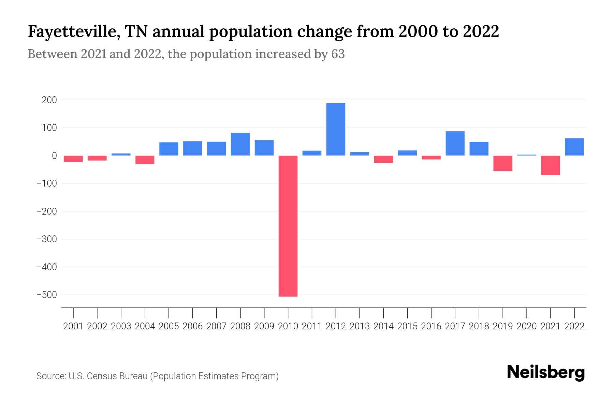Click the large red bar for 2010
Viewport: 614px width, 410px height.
coord(288,225)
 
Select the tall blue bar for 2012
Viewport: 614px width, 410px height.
coord(336,129)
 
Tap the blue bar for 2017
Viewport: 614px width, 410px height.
coord(455,143)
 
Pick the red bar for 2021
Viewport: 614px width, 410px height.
coord(550,165)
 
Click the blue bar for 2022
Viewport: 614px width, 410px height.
coord(574,147)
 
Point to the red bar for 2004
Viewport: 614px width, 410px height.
coord(145,160)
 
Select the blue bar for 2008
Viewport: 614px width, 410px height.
coord(240,144)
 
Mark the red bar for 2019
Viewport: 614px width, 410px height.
coord(503,163)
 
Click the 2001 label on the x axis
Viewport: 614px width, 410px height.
coord(73,326)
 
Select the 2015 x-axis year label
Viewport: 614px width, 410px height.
coord(407,326)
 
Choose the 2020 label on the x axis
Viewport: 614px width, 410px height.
coord(527,326)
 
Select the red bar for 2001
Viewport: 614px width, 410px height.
coord(73,159)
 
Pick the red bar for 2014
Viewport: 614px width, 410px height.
coord(383,159)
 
